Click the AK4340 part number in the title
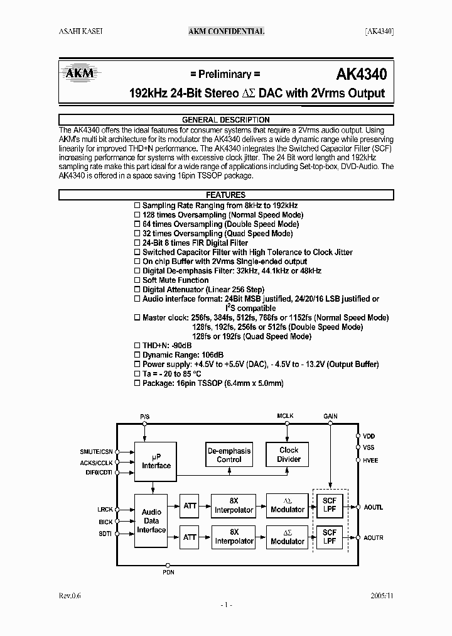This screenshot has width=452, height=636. (x=361, y=75)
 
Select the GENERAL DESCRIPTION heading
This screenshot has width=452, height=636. (x=225, y=119)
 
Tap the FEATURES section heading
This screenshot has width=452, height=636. (x=225, y=195)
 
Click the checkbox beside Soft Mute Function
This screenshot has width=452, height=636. (x=138, y=280)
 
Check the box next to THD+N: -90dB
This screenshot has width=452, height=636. (x=138, y=346)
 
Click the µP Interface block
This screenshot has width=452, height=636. (x=156, y=462)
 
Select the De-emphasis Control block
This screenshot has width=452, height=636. (x=229, y=455)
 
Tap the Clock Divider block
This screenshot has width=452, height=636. (x=289, y=454)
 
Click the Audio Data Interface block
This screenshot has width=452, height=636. (x=151, y=521)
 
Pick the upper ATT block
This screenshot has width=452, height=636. (x=190, y=505)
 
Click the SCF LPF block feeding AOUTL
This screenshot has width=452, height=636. (x=330, y=505)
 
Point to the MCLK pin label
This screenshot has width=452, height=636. (x=286, y=416)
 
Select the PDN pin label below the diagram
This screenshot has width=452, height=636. (x=168, y=573)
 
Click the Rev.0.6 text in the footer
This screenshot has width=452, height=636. (x=71, y=595)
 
